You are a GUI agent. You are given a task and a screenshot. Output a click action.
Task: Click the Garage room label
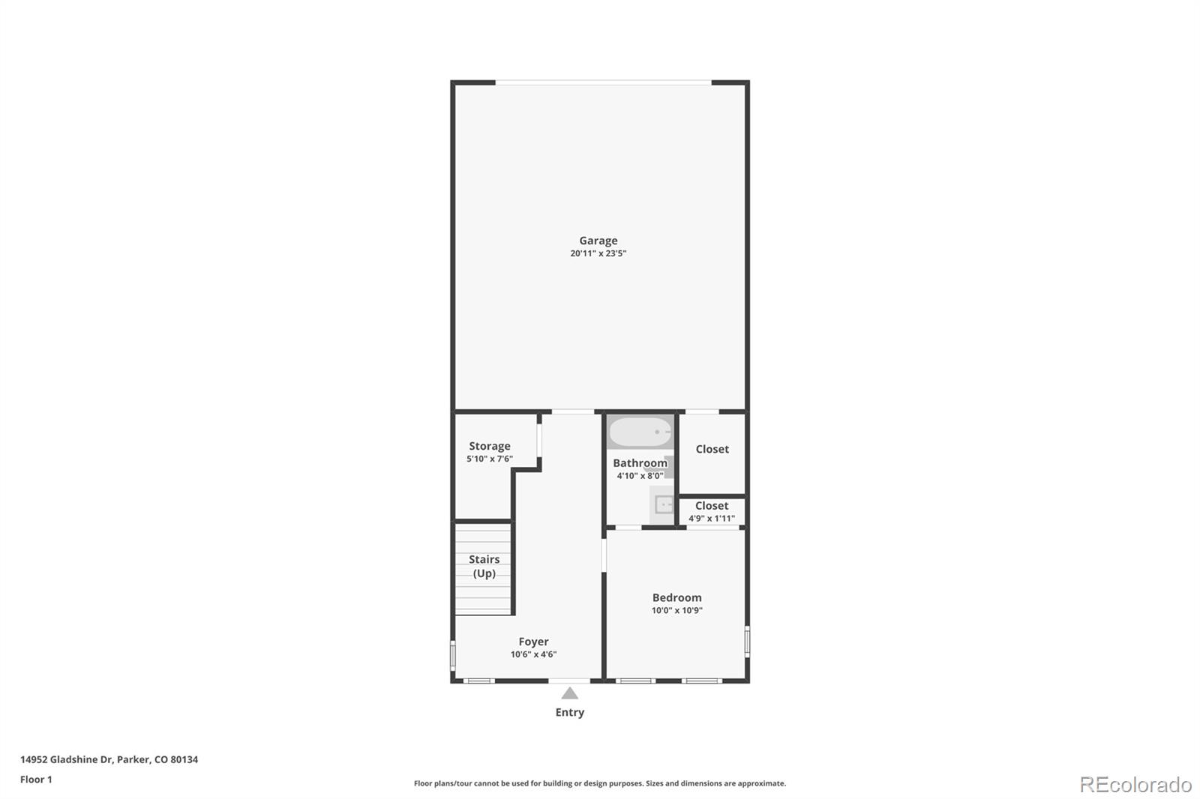pyautogui.click(x=598, y=241)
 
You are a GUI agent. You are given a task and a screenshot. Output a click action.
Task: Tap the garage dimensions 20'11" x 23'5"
pyautogui.click(x=598, y=253)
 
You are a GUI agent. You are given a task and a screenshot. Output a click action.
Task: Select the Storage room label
pyautogui.click(x=490, y=446)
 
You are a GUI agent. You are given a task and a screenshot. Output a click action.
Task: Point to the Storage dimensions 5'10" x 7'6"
pyautogui.click(x=490, y=459)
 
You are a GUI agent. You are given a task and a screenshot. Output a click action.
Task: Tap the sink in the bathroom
pyautogui.click(x=663, y=504)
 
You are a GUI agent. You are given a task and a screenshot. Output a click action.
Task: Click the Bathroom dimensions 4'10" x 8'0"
pyautogui.click(x=640, y=476)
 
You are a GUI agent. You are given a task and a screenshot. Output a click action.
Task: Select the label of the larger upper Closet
pyautogui.click(x=712, y=449)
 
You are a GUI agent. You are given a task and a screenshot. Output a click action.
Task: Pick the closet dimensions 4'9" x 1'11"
pyautogui.click(x=712, y=518)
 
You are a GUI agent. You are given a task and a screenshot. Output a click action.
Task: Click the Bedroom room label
pyautogui.click(x=676, y=597)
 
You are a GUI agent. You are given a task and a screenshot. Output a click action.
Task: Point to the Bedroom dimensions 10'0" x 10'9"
pyautogui.click(x=676, y=610)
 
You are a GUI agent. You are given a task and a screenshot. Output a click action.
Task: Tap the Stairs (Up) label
pyautogui.click(x=484, y=566)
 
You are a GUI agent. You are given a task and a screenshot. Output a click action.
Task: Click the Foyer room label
pyautogui.click(x=533, y=642)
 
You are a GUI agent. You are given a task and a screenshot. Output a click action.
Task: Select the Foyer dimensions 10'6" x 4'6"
pyautogui.click(x=533, y=654)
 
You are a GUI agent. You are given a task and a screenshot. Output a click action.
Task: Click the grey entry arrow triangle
pyautogui.click(x=570, y=693)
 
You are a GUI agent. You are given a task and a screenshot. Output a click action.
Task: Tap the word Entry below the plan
pyautogui.click(x=569, y=712)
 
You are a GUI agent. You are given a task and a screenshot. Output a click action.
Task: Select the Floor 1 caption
pyautogui.click(x=36, y=780)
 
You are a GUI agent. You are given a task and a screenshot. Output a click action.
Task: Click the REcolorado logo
pyautogui.click(x=1135, y=785)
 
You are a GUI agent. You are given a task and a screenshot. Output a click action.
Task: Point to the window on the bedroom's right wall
pyautogui.click(x=747, y=642)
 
